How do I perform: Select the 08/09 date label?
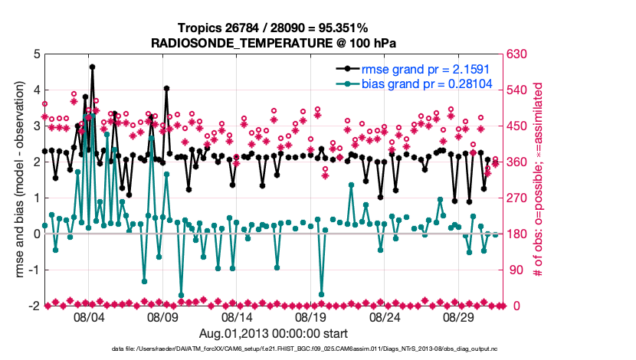click(x=162, y=317)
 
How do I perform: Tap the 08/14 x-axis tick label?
click(x=237, y=317)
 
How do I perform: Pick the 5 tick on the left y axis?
click(x=36, y=54)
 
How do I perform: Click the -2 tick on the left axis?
click(x=34, y=306)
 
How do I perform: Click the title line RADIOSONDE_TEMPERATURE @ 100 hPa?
click(x=277, y=43)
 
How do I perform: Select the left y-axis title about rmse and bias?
click(x=18, y=180)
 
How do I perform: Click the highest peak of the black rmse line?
click(x=92, y=67)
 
